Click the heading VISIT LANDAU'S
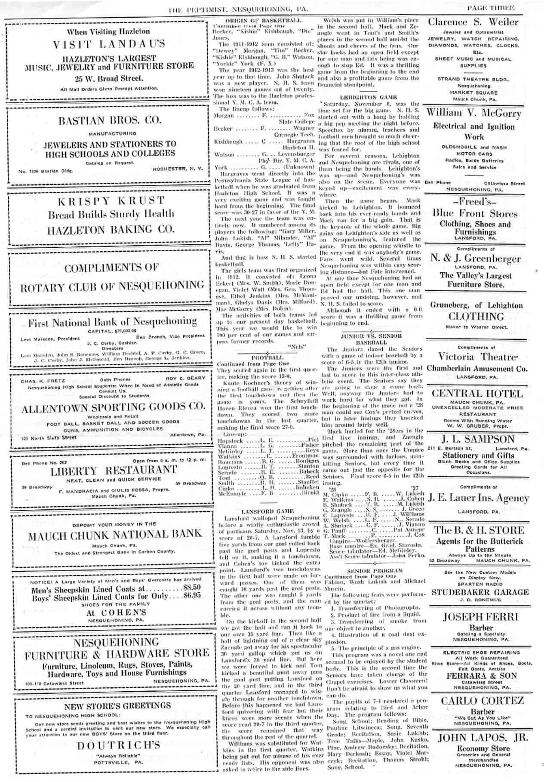coord(109,44)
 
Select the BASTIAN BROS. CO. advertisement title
coord(110,120)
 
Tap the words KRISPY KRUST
coord(111,201)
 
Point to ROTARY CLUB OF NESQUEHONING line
coord(112,286)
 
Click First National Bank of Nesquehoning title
coord(112,322)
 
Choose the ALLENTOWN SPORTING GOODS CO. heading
coord(113,407)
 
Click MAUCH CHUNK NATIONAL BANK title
coord(115,536)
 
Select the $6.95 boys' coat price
coord(192,595)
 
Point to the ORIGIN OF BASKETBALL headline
coord(263,20)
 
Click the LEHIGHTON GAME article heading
coord(368,97)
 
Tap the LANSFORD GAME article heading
coord(267,511)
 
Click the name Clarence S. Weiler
coord(473,22)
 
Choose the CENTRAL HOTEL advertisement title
coord(477,394)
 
